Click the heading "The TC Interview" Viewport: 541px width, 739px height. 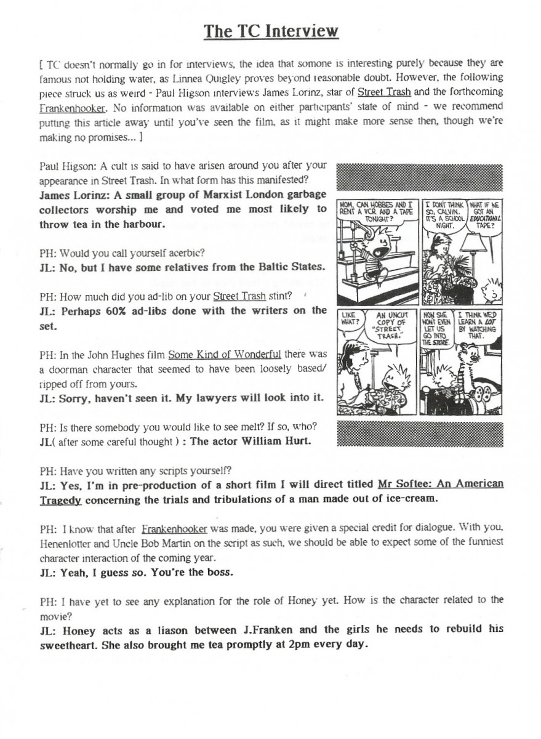271,30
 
